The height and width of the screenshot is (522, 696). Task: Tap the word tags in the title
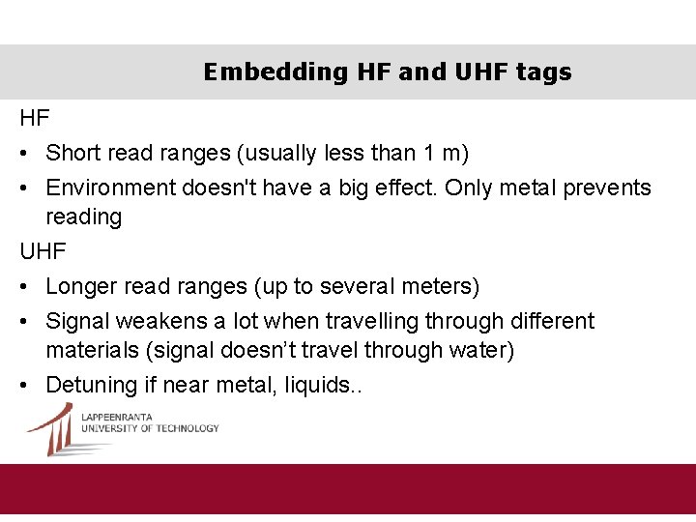point(543,72)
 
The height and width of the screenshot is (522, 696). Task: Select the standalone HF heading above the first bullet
point(35,118)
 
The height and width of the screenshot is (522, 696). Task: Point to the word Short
point(71,153)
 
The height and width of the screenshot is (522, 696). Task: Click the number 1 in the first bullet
point(429,153)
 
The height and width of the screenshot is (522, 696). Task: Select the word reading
point(84,217)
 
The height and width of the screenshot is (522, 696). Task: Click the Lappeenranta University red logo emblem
point(52,428)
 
